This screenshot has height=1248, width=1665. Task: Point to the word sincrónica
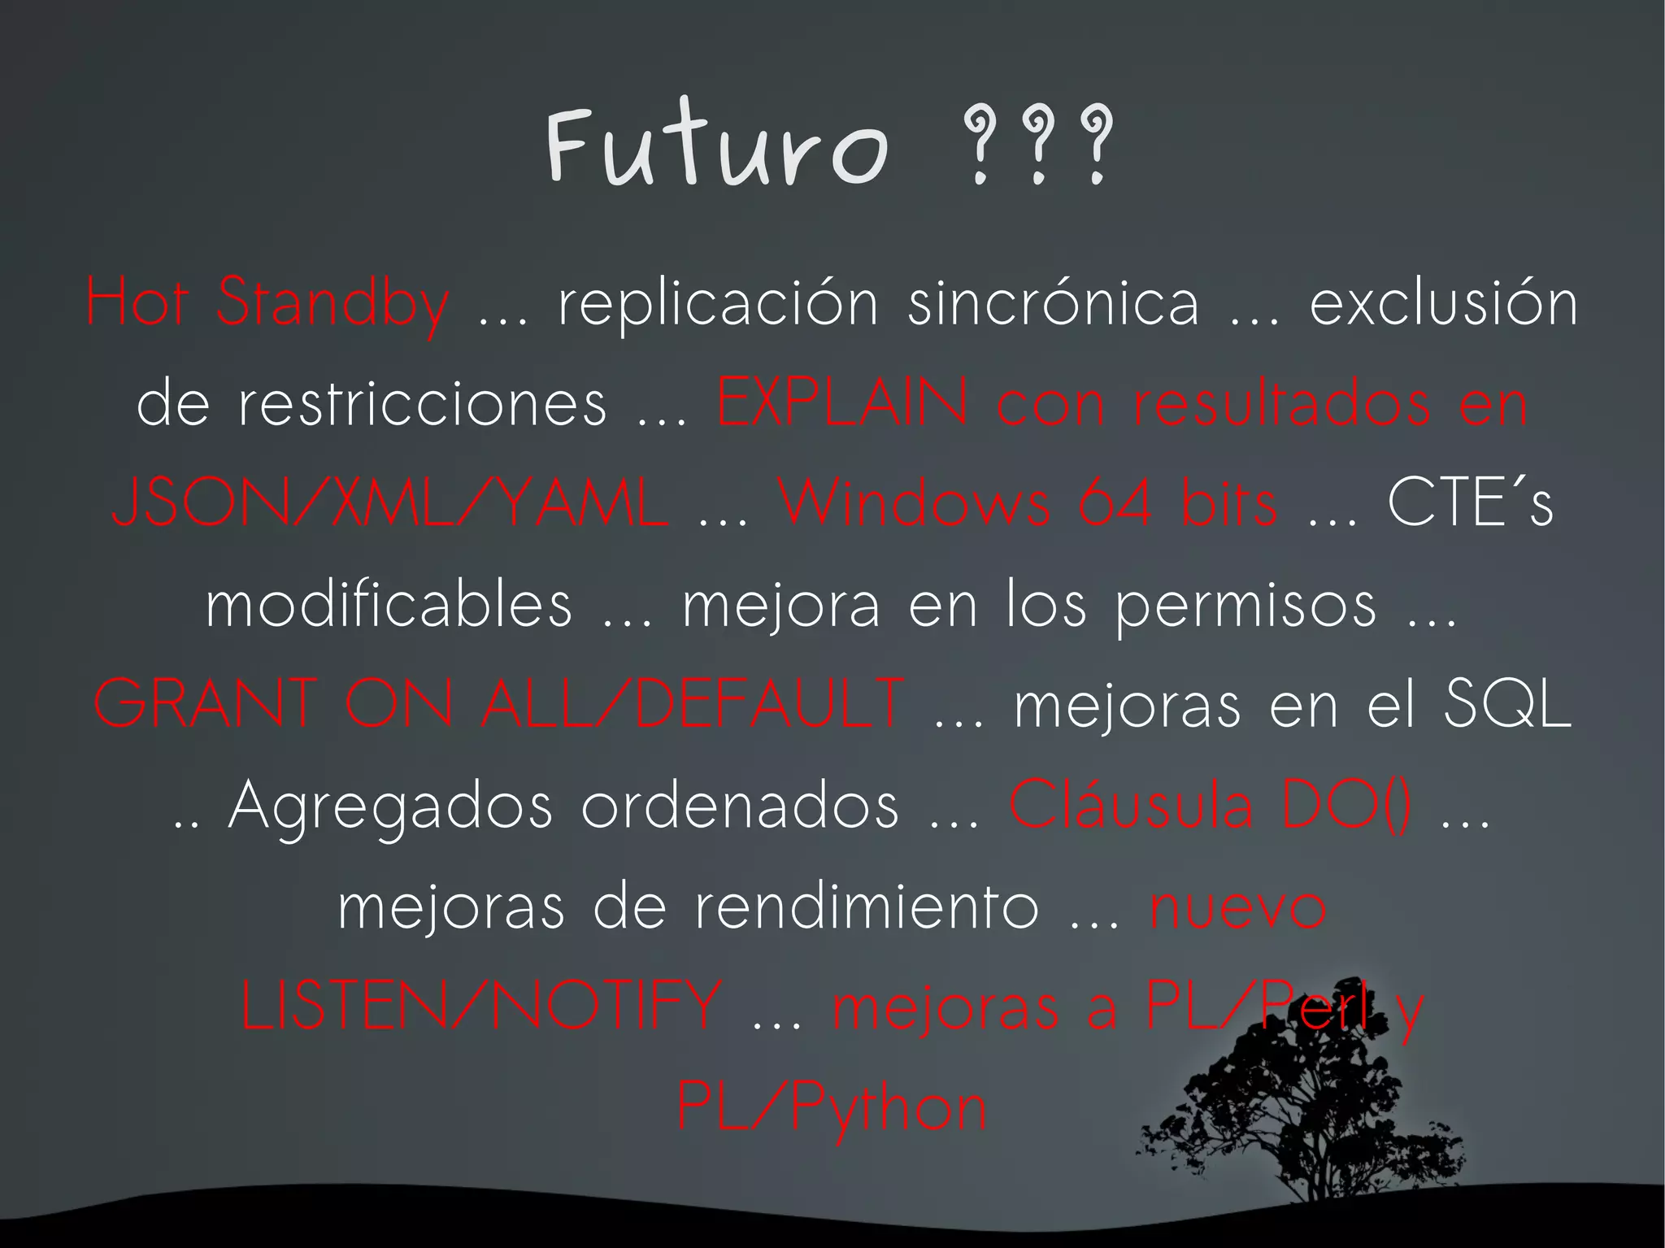point(1054,302)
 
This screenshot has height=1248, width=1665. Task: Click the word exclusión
point(1443,302)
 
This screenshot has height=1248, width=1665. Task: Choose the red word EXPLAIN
point(842,402)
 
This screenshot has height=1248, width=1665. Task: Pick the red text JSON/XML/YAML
point(390,502)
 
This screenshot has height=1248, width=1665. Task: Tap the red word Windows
point(915,502)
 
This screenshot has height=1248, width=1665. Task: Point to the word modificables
point(389,603)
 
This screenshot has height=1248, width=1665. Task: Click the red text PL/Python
point(832,1108)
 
